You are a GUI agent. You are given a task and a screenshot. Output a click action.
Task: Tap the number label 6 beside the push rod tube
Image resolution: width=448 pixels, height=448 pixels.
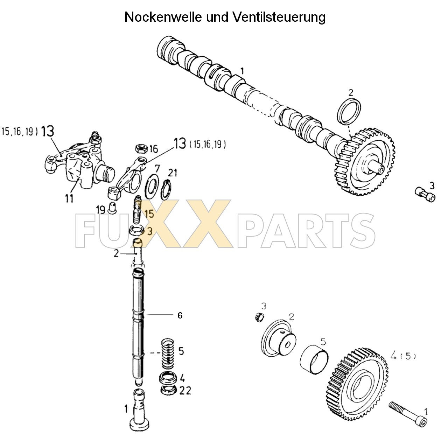tap(180, 315)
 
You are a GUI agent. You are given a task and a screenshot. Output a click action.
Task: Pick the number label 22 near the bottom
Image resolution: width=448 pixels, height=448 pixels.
tap(185, 390)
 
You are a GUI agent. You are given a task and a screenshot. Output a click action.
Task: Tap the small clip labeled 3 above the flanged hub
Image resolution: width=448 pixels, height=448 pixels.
tap(258, 317)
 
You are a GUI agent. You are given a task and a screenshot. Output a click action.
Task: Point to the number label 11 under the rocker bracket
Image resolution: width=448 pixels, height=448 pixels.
tap(69, 198)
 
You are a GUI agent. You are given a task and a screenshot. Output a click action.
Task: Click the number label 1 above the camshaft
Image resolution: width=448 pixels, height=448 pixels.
tap(242, 71)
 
